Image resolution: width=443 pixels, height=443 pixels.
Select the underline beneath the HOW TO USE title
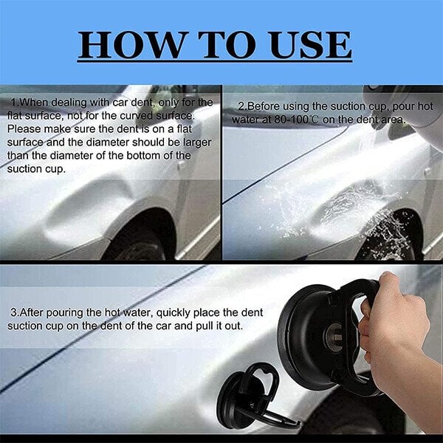click(x=215, y=61)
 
